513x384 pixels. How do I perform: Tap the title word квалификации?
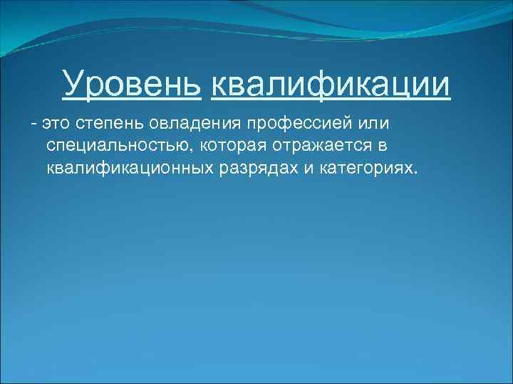coord(331,85)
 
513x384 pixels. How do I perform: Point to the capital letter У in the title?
coord(72,85)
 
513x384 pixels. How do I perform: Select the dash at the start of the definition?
coord(33,125)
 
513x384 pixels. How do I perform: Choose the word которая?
coord(233,146)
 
